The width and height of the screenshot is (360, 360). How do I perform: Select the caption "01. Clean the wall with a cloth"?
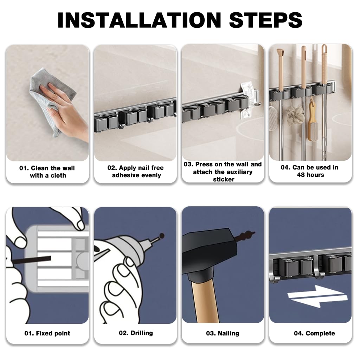click(47, 172)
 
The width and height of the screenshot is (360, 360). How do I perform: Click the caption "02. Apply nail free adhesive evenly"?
click(135, 171)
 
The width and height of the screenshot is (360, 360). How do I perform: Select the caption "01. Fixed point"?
click(47, 333)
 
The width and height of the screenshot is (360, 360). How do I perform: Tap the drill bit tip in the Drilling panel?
click(161, 235)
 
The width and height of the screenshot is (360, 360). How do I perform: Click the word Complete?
click(320, 333)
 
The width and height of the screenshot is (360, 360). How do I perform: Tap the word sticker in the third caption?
click(223, 179)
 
